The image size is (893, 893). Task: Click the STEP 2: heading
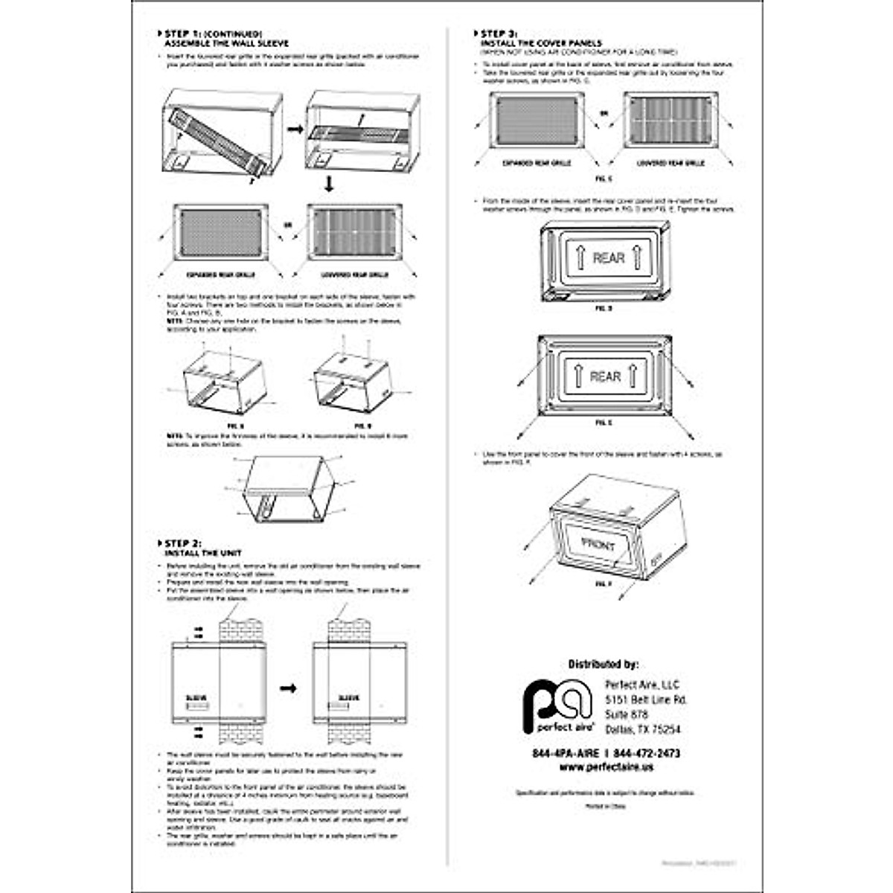(x=183, y=544)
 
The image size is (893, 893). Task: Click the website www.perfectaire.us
(x=606, y=766)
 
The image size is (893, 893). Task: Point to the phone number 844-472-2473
(x=647, y=753)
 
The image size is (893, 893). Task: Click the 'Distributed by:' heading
(x=603, y=664)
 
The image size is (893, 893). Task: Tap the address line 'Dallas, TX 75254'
(x=643, y=729)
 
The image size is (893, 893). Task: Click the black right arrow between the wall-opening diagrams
(x=288, y=688)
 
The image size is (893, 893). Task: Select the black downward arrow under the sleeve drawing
(x=329, y=183)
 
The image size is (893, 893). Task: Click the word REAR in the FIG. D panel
(x=608, y=258)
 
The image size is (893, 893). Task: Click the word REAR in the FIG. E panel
(x=605, y=377)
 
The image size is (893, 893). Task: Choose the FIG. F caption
(x=603, y=584)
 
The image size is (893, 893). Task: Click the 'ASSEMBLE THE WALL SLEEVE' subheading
(x=226, y=44)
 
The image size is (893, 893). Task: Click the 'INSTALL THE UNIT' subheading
(x=202, y=554)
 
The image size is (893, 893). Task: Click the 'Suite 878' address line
(x=627, y=714)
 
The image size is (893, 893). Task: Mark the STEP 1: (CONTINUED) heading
(x=213, y=34)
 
